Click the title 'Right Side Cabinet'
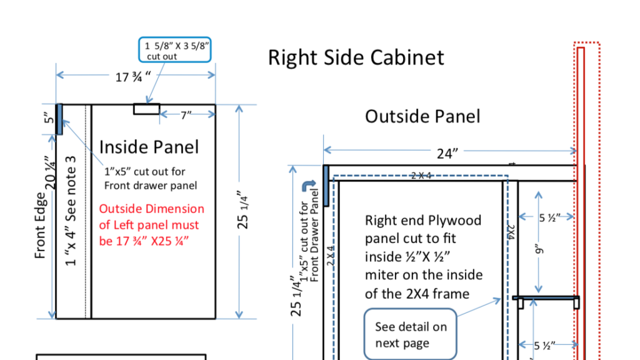[356, 57]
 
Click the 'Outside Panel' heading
[422, 116]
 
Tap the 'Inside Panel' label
[149, 147]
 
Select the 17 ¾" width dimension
[134, 77]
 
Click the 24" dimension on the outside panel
[447, 154]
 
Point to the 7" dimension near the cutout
[186, 115]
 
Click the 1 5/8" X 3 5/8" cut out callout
[176, 50]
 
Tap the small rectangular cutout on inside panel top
[146, 109]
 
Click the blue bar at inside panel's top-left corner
[59, 119]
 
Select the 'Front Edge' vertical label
[41, 225]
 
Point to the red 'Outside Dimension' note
[151, 224]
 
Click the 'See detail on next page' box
[410, 334]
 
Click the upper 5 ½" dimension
[552, 217]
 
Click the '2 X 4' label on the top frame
[421, 176]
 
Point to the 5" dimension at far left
[50, 118]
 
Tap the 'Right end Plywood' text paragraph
[423, 256]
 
